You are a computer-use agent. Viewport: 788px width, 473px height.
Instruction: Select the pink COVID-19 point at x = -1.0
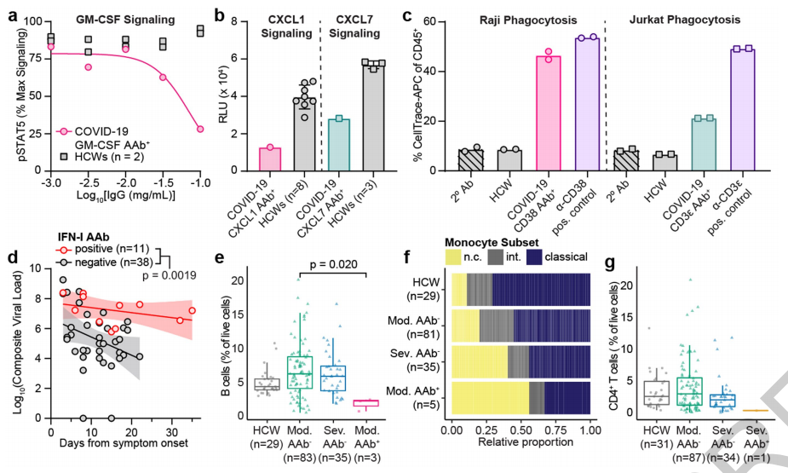199,129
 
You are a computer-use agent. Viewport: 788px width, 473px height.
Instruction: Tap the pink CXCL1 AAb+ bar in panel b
270,159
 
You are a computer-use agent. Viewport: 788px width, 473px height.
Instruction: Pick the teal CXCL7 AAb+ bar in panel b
338,145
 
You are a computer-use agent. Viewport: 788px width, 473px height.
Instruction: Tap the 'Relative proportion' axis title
521,444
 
